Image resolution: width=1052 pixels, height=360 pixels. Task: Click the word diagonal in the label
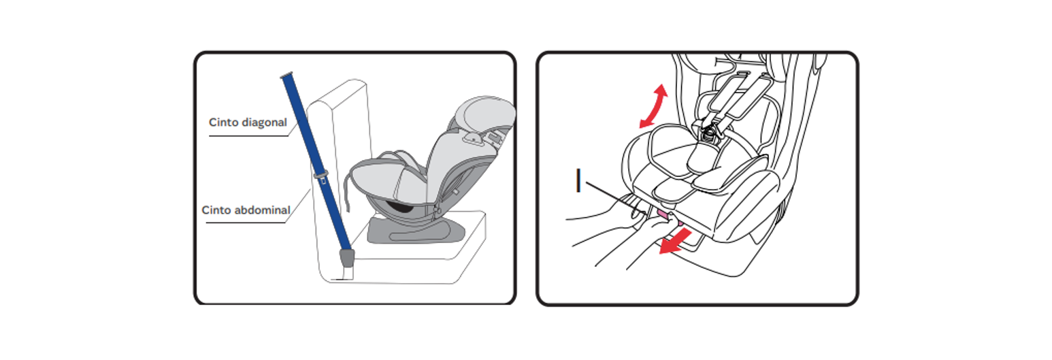point(263,122)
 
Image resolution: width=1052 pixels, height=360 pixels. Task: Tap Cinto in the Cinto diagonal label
point(224,122)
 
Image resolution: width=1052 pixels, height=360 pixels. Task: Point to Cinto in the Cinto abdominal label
point(216,210)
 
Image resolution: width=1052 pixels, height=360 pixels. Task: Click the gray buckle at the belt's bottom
point(347,258)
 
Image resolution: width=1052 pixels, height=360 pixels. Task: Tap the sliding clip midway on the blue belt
point(321,176)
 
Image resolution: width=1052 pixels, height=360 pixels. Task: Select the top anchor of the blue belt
point(286,75)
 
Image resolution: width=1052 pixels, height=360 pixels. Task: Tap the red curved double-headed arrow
point(654,106)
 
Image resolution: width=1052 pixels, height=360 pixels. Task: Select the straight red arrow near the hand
point(675,241)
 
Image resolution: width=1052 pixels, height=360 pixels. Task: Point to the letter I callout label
point(578,180)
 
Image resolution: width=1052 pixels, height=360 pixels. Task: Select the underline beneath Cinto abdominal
point(246,223)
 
